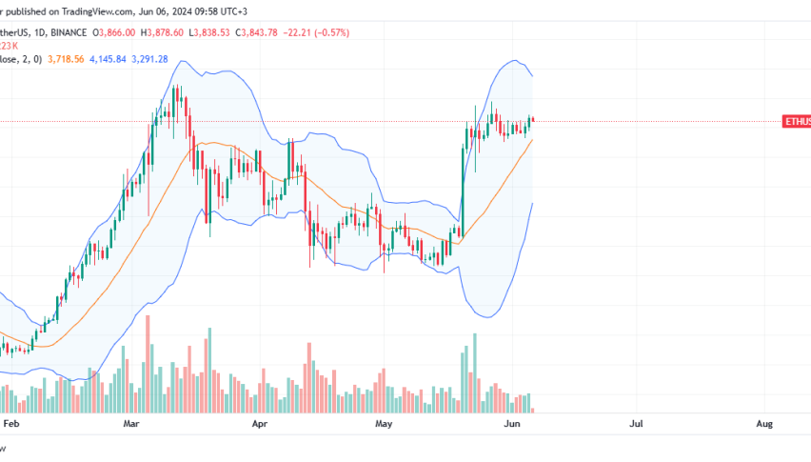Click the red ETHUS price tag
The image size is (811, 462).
[796, 122]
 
